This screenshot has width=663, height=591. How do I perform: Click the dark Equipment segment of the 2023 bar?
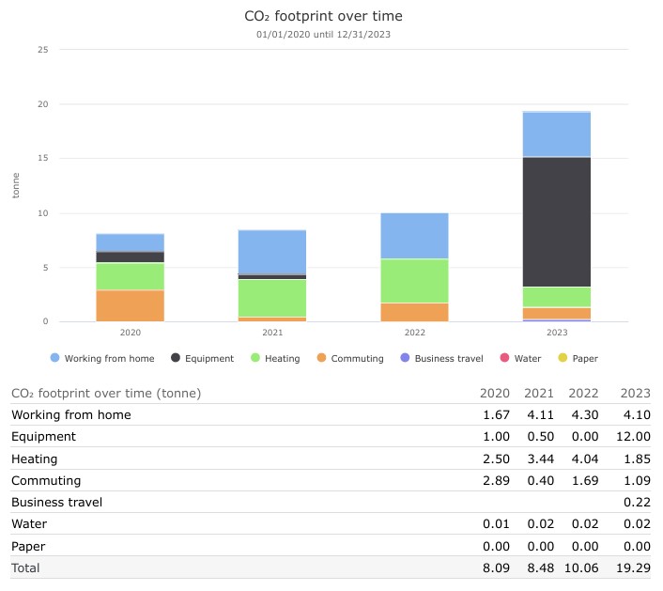tap(556, 222)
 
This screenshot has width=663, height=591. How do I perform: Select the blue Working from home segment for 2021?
tap(272, 252)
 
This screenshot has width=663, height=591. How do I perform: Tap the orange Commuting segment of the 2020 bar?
tap(131, 305)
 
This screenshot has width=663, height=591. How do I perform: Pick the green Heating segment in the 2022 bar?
tap(414, 281)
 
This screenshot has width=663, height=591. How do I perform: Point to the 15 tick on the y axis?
tap(42, 159)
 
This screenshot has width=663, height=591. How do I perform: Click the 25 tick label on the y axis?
tap(42, 50)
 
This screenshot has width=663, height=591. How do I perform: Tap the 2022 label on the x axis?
tap(414, 333)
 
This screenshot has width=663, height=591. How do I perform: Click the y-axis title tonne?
tap(16, 186)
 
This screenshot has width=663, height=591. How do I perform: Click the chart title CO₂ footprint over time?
tap(323, 16)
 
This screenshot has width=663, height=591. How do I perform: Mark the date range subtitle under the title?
tap(323, 35)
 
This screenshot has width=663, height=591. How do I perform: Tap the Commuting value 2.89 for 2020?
tap(495, 480)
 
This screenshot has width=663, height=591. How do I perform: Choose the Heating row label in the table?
tap(35, 459)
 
